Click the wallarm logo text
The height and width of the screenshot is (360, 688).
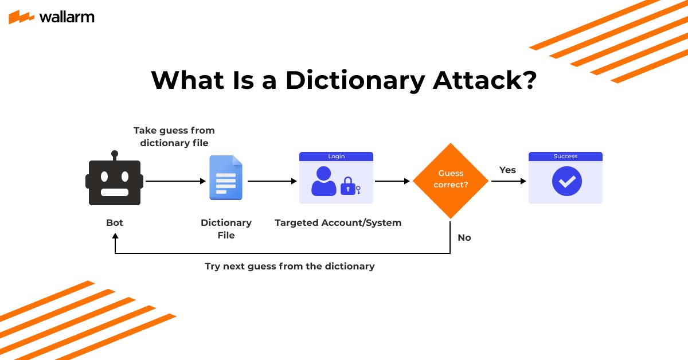(x=67, y=17)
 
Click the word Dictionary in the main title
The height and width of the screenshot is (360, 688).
(x=355, y=81)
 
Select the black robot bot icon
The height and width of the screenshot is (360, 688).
(x=114, y=182)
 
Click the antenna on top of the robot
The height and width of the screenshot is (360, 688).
(x=115, y=155)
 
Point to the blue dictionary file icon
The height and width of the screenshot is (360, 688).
(x=226, y=178)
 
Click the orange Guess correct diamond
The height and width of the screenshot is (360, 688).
(x=451, y=181)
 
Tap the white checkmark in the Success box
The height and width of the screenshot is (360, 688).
(x=566, y=182)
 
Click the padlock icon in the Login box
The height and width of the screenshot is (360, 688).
(x=347, y=186)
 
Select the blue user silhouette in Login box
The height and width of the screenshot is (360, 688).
(x=324, y=181)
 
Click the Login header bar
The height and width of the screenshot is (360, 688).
(x=336, y=156)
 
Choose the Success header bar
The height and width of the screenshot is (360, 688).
(x=565, y=156)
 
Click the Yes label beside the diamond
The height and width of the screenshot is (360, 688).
(x=507, y=170)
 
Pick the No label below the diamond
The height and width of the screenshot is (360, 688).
(x=464, y=237)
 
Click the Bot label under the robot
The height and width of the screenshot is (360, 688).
(x=115, y=222)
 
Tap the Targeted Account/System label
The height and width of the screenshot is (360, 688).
(x=338, y=222)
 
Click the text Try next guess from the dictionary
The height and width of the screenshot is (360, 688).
(x=290, y=266)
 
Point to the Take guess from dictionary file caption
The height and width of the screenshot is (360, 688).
(x=174, y=136)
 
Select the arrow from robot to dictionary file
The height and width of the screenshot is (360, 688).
(x=175, y=181)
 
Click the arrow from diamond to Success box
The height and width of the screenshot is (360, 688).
(x=508, y=181)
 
